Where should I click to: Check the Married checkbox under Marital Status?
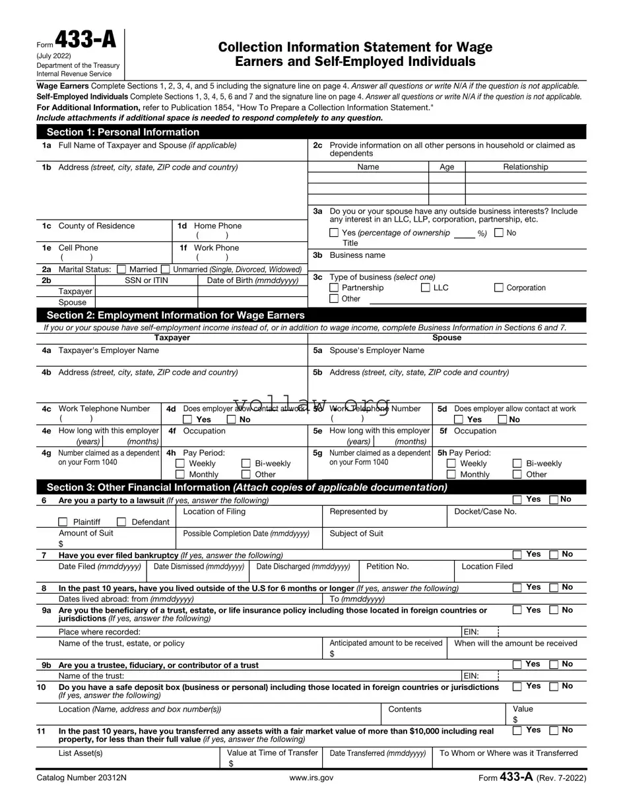tap(121, 269)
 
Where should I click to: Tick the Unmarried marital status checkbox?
tap(166, 269)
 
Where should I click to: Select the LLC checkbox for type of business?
tap(426, 288)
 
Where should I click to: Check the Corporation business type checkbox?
tap(499, 288)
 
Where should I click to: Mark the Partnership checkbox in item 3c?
tap(335, 288)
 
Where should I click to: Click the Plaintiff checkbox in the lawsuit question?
tap(63, 522)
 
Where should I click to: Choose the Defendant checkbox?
tap(121, 522)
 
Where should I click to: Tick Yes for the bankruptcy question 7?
tap(517, 555)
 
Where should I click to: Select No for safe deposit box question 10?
tap(554, 687)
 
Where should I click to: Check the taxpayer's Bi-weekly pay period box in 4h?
tap(246, 464)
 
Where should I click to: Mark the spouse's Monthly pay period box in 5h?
tap(451, 474)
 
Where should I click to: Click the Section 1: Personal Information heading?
tap(123, 132)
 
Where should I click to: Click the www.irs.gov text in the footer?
tap(311, 778)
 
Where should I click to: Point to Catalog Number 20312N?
tap(81, 778)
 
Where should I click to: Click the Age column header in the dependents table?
tap(447, 167)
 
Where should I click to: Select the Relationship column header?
tap(525, 167)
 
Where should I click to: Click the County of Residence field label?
tap(96, 226)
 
